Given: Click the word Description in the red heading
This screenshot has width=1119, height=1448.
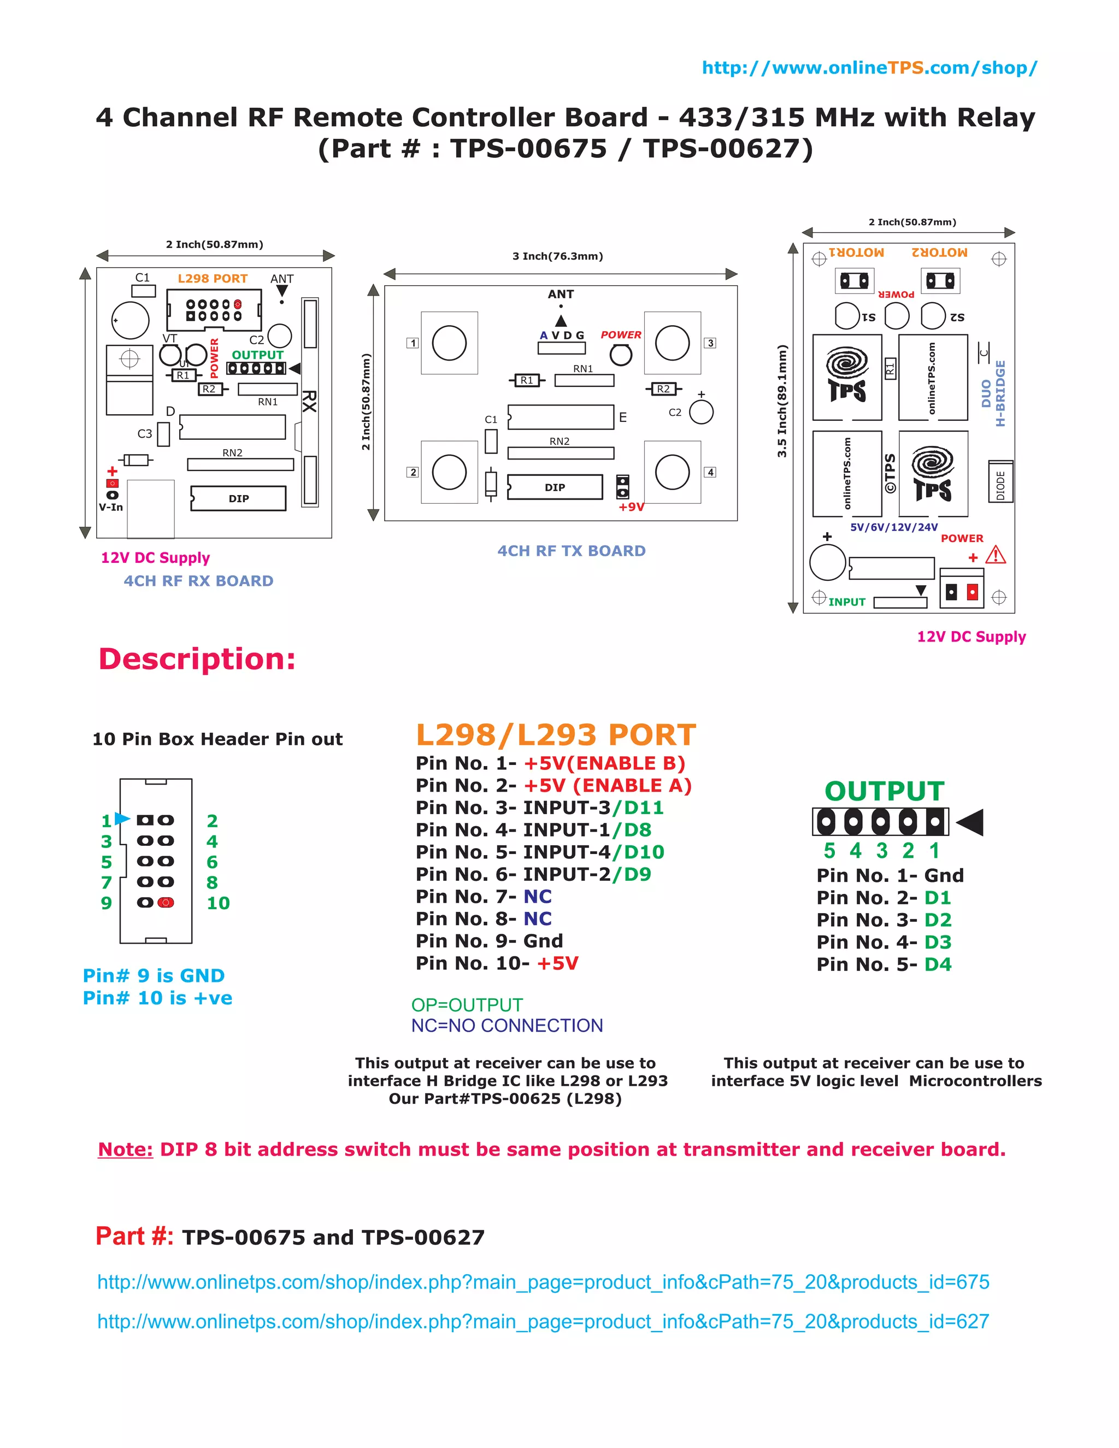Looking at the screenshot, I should [196, 659].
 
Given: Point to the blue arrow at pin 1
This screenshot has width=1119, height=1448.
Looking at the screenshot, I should [122, 819].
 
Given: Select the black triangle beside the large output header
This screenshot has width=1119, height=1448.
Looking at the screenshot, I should [970, 822].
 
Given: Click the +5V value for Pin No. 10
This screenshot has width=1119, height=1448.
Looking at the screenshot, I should [557, 963].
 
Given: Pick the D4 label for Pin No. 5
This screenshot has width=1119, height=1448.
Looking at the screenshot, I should [938, 964].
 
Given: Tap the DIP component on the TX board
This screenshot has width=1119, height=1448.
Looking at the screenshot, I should [555, 487].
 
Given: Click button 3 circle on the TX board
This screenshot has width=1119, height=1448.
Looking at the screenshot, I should [672, 343].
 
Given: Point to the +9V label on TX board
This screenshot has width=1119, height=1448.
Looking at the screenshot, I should [631, 507].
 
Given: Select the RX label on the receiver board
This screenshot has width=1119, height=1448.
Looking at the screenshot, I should [309, 401].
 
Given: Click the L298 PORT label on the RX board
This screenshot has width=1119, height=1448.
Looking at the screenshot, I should [212, 279].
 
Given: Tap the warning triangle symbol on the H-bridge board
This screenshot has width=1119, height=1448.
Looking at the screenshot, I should [995, 555].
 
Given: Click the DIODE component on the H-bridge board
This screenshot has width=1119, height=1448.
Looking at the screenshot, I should [1000, 482].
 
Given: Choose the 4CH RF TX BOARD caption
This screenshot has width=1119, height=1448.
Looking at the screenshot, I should [571, 551].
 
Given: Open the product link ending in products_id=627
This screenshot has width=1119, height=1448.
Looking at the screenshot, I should [543, 1321].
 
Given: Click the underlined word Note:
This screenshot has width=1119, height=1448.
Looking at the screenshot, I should [125, 1150].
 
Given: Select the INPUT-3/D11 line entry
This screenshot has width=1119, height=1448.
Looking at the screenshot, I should [593, 808].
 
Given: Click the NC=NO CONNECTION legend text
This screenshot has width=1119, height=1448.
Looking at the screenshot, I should [507, 1026].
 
